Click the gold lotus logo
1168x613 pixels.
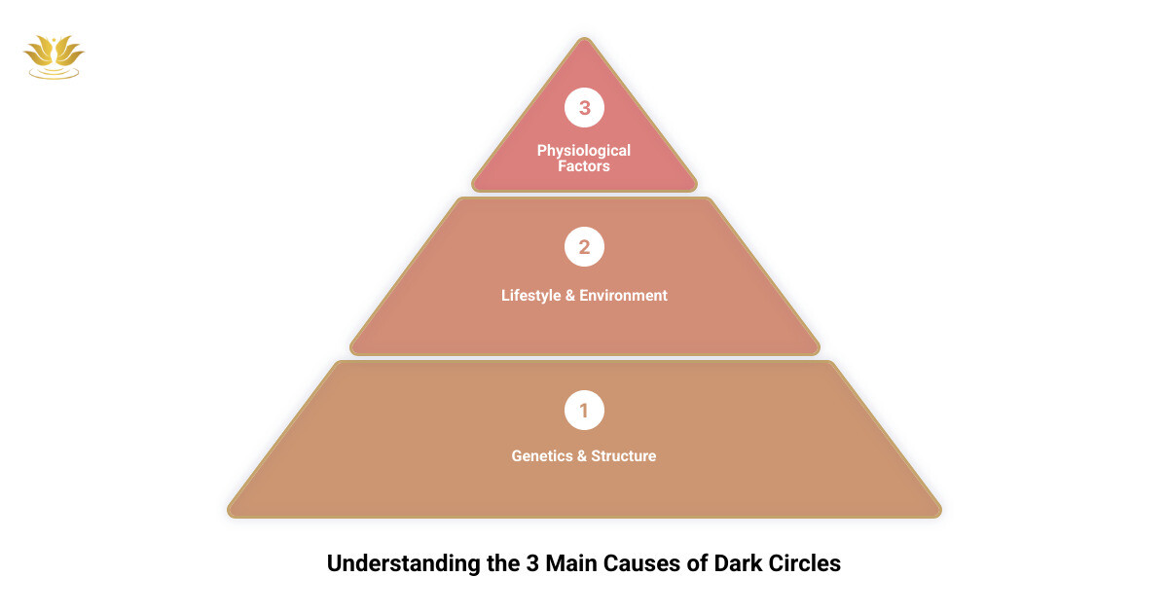click(54, 56)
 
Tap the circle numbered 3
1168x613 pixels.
click(584, 108)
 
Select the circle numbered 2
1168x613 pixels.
click(584, 247)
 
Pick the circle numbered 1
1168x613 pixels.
click(584, 411)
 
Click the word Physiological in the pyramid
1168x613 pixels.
click(584, 151)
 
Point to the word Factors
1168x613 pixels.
click(584, 166)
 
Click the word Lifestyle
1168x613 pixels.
click(531, 296)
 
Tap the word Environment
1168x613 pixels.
click(624, 296)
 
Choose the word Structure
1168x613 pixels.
click(624, 455)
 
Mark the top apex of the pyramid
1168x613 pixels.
click(584, 39)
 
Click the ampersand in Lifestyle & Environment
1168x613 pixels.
click(569, 296)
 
